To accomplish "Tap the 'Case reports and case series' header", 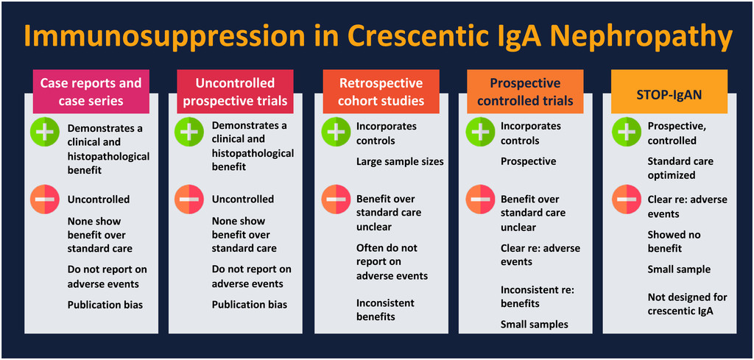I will pos(91,92).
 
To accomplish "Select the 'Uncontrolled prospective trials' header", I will pos(235,92).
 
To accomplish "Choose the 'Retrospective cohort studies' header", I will pos(381,92).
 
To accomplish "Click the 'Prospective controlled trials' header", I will pos(525,92).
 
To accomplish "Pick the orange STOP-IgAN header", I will pos(664,92).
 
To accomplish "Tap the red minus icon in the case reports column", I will pos(44,200).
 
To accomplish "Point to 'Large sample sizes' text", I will pos(400,161).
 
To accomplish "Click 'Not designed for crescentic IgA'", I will pos(687,304).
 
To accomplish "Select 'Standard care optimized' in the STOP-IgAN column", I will pos(680,168).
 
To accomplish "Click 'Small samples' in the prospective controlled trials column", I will pos(534,324).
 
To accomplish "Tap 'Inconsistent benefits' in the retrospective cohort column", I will pos(385,310).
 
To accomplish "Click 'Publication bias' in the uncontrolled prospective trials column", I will pos(249,304).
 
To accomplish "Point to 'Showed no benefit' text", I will pos(674,241).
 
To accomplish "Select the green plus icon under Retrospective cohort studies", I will pos(336,133).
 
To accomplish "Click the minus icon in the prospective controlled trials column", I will pos(480,200).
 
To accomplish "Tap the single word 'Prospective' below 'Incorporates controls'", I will pos(528,161).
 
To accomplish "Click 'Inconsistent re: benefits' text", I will pos(537,297).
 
